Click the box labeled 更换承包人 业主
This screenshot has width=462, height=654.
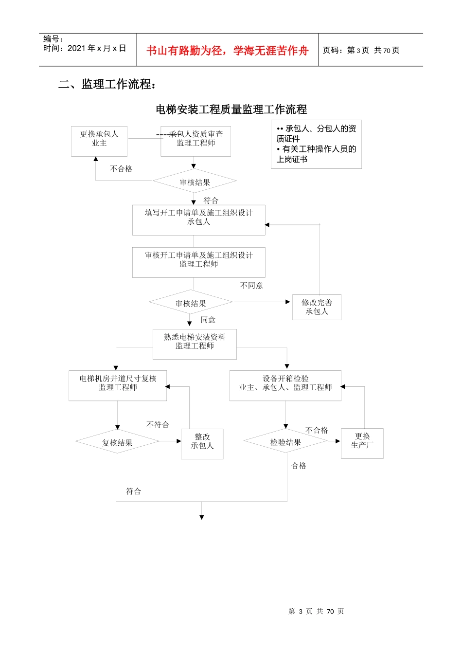click(99, 141)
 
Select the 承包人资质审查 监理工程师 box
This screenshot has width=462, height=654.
click(195, 141)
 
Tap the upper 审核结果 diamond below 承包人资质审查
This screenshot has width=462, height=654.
click(195, 182)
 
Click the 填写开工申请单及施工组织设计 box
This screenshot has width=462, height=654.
click(198, 220)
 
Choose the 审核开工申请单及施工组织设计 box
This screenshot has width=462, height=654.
click(198, 262)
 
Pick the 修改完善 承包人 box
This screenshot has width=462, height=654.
click(317, 307)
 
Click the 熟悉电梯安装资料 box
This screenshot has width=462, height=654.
click(195, 344)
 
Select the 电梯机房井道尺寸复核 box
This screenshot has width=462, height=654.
click(118, 385)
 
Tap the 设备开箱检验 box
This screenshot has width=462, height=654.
click(285, 385)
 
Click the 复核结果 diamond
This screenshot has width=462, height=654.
click(117, 442)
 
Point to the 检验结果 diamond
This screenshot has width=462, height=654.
click(285, 442)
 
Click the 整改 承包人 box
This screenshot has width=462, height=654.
click(202, 443)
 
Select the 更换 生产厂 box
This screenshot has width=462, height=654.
click(362, 443)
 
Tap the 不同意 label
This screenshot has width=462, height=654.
click(251, 286)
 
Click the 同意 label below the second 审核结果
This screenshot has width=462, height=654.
click(208, 320)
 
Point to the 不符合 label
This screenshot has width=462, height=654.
click(158, 425)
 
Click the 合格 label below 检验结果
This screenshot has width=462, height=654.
click(299, 466)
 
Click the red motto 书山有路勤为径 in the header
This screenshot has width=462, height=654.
click(228, 51)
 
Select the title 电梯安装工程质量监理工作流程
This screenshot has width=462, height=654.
click(231, 109)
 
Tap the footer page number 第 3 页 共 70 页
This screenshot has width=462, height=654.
click(316, 611)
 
